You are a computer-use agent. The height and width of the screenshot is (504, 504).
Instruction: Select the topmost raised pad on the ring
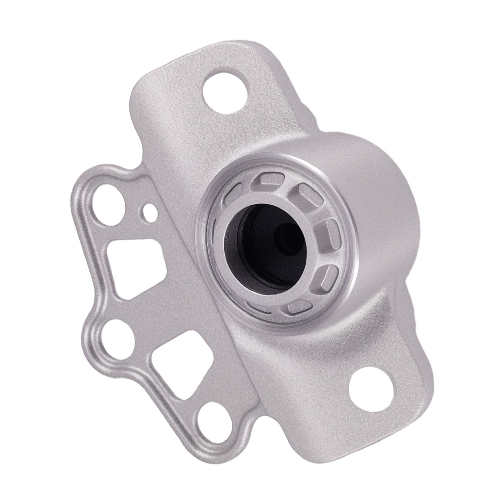(272, 181)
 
